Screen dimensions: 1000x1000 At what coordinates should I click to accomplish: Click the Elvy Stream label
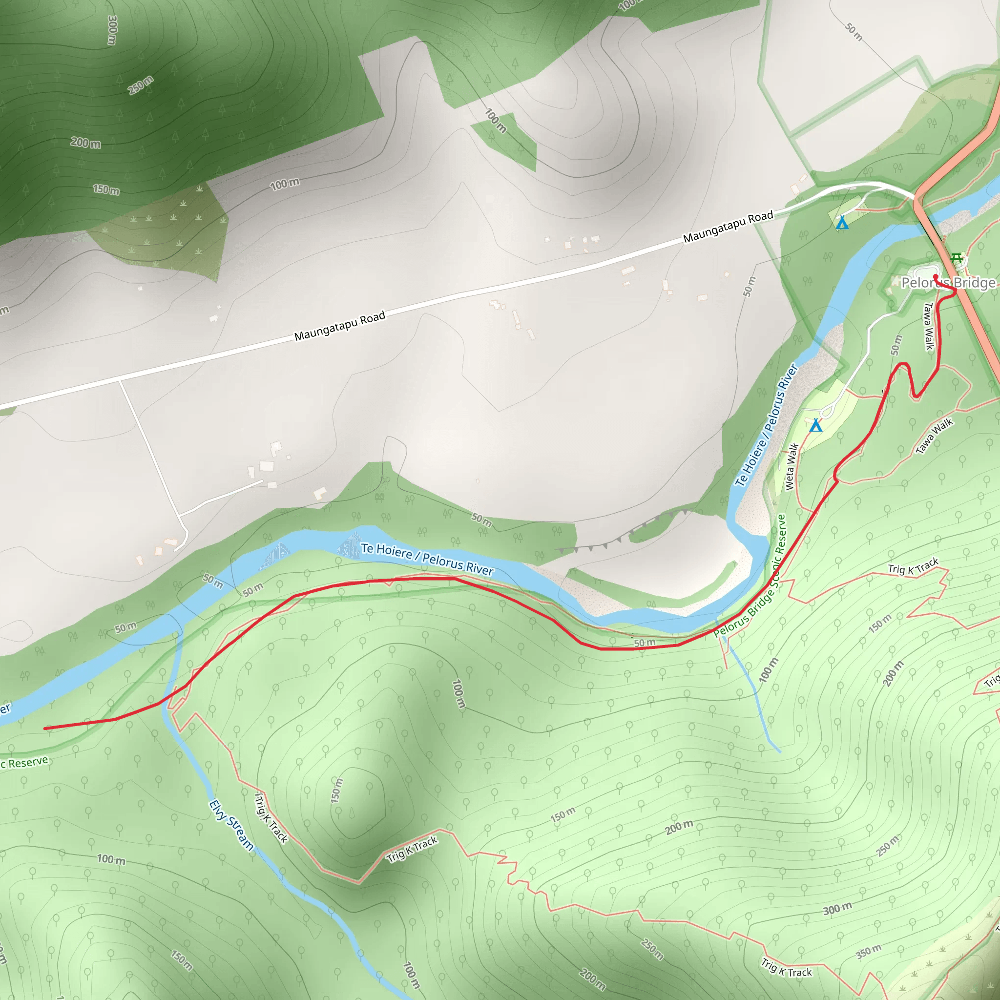(231, 825)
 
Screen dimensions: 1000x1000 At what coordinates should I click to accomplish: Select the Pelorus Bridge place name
(948, 283)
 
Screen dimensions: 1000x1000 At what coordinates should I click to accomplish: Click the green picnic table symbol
(957, 257)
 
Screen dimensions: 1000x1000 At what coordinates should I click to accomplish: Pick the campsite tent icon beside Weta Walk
(816, 425)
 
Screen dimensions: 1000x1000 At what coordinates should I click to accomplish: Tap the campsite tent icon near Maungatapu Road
(842, 223)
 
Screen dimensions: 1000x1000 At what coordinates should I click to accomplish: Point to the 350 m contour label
(868, 951)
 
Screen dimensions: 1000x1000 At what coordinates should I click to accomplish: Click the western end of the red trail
(45, 728)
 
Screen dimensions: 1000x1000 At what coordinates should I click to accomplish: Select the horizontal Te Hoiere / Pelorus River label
(427, 559)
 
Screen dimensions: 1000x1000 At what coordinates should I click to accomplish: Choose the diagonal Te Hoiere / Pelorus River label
(767, 425)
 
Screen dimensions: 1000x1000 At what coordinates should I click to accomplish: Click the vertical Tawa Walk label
(929, 326)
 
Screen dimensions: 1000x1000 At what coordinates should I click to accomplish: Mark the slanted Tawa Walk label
(934, 437)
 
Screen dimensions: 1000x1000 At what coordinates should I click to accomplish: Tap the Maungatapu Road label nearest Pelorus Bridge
(728, 226)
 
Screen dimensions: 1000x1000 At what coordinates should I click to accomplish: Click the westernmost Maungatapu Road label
(339, 326)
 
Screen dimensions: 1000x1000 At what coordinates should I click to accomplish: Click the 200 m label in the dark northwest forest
(86, 143)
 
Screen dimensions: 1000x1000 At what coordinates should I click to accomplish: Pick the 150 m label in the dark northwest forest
(106, 189)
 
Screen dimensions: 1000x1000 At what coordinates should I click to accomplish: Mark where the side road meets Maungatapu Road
(120, 380)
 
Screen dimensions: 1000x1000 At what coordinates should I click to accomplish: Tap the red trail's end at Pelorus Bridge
(935, 276)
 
